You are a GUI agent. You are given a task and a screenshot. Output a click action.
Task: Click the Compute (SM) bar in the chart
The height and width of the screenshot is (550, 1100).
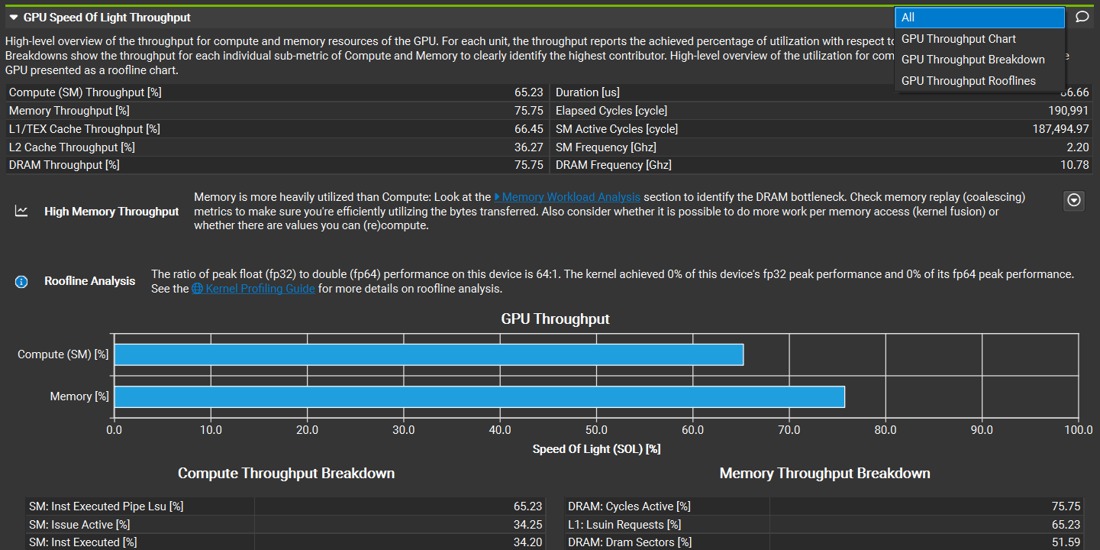pos(428,354)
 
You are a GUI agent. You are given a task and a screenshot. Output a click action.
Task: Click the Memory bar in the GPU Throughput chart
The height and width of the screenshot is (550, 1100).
pos(479,396)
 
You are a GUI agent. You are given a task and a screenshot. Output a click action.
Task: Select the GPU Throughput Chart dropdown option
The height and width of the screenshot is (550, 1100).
pos(958,39)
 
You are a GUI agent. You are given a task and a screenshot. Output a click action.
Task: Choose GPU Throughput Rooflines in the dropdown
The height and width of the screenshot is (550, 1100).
pos(968,81)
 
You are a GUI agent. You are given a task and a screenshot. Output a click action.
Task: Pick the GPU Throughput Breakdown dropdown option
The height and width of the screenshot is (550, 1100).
pos(973,60)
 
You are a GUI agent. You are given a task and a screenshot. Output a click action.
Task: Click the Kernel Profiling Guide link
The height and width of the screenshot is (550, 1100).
pos(260,289)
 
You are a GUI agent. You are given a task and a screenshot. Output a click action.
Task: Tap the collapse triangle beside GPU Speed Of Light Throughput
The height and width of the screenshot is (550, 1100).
pos(14,17)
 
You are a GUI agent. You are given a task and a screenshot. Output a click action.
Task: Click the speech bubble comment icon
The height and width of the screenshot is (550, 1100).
pos(1082,17)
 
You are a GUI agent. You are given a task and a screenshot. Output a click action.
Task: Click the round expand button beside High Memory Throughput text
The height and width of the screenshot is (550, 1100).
pos(1074,200)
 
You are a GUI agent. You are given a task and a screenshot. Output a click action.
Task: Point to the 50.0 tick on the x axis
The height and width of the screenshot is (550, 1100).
pos(596,430)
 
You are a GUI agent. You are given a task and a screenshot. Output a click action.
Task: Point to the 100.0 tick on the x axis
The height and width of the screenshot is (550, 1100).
pos(1078,430)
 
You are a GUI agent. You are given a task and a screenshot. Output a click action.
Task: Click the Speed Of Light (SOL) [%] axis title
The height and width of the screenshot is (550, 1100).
pos(596,449)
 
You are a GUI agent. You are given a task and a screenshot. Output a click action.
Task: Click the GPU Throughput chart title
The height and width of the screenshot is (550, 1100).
pos(555,319)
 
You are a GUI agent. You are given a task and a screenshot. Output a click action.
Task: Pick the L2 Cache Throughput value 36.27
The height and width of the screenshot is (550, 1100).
pos(528,147)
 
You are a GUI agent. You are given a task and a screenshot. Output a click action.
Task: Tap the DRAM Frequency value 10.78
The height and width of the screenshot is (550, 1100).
pos(1075,165)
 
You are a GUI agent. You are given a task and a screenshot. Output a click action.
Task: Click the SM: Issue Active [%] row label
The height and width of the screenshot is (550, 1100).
pos(79,525)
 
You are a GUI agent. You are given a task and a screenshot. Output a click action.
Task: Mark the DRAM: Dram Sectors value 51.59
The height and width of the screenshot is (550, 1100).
pos(1066,542)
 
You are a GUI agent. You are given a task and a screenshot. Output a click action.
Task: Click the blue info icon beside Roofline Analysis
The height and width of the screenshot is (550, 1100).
pos(21,282)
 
